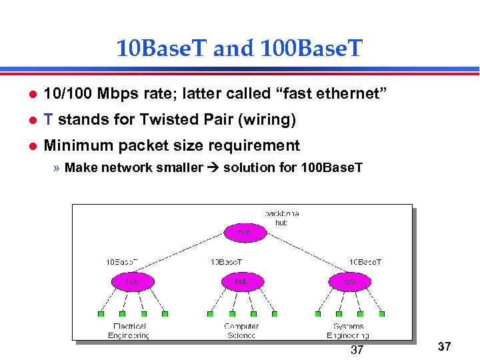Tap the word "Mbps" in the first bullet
pyautogui.click(x=119, y=94)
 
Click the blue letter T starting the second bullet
pyautogui.click(x=48, y=119)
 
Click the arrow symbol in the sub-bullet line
pyautogui.click(x=214, y=167)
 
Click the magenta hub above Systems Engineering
pyautogui.click(x=349, y=281)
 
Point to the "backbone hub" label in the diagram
pyautogui.click(x=281, y=218)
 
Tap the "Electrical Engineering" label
pyautogui.click(x=129, y=331)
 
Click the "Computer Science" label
pyautogui.click(x=241, y=331)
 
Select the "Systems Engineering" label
pyautogui.click(x=348, y=331)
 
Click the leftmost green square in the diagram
pyautogui.click(x=101, y=314)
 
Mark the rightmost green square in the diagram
pyautogui.click(x=381, y=314)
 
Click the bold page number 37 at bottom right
pyautogui.click(x=445, y=347)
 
